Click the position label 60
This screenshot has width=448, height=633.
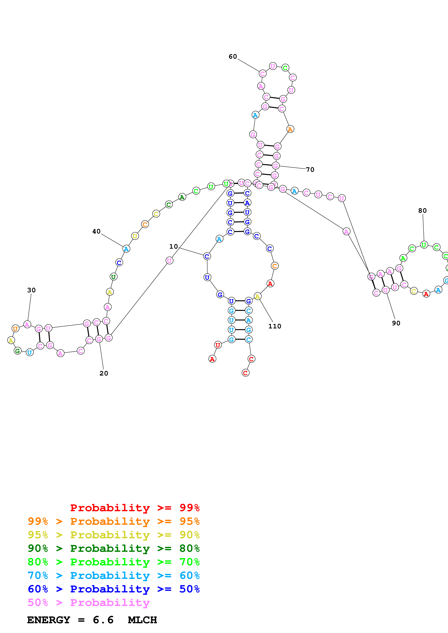[x=233, y=56]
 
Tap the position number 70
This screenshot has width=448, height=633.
[x=310, y=170]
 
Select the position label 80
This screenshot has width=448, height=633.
[x=422, y=211]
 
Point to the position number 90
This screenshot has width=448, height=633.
[x=396, y=323]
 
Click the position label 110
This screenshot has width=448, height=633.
[x=275, y=326]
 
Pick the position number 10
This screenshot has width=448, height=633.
[x=173, y=246]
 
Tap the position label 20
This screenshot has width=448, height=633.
[x=104, y=373]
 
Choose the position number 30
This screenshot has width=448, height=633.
[x=31, y=290]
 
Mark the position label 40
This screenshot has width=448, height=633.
[x=96, y=231]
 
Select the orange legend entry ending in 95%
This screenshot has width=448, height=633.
[x=113, y=521]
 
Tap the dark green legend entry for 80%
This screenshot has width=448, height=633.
[x=113, y=548]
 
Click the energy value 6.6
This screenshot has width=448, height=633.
[x=103, y=620]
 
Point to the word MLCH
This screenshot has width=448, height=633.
[x=142, y=620]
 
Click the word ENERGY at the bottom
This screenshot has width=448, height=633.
[x=49, y=620]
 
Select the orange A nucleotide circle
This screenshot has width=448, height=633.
[x=290, y=129]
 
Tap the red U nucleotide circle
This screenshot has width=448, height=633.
[x=218, y=345]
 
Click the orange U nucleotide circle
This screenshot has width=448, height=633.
[x=16, y=329]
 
